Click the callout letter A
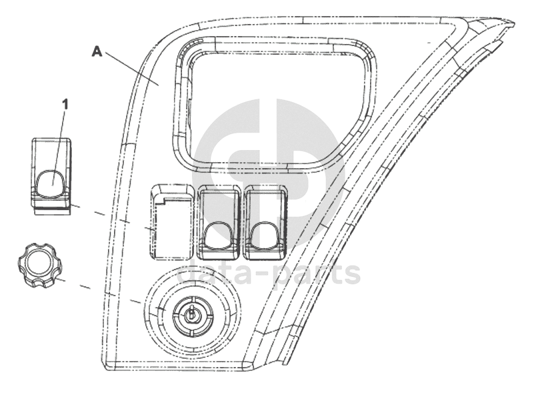pos(97,52)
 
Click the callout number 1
pos(65,105)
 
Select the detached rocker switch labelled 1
pos(51,177)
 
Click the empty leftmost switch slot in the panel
pos(171,222)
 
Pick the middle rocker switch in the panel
pos(219,222)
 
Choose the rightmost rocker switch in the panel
pos(265,222)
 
